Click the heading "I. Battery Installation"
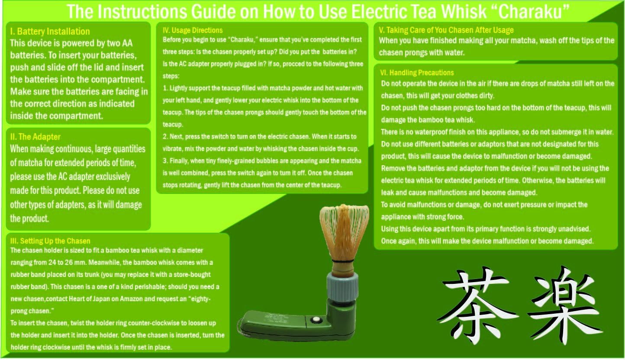click(x=49, y=32)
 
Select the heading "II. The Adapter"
click(x=35, y=137)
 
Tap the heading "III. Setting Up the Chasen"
click(x=50, y=241)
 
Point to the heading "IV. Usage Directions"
click(x=193, y=30)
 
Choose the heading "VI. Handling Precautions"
click(x=417, y=73)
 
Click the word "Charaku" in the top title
click(x=533, y=12)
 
